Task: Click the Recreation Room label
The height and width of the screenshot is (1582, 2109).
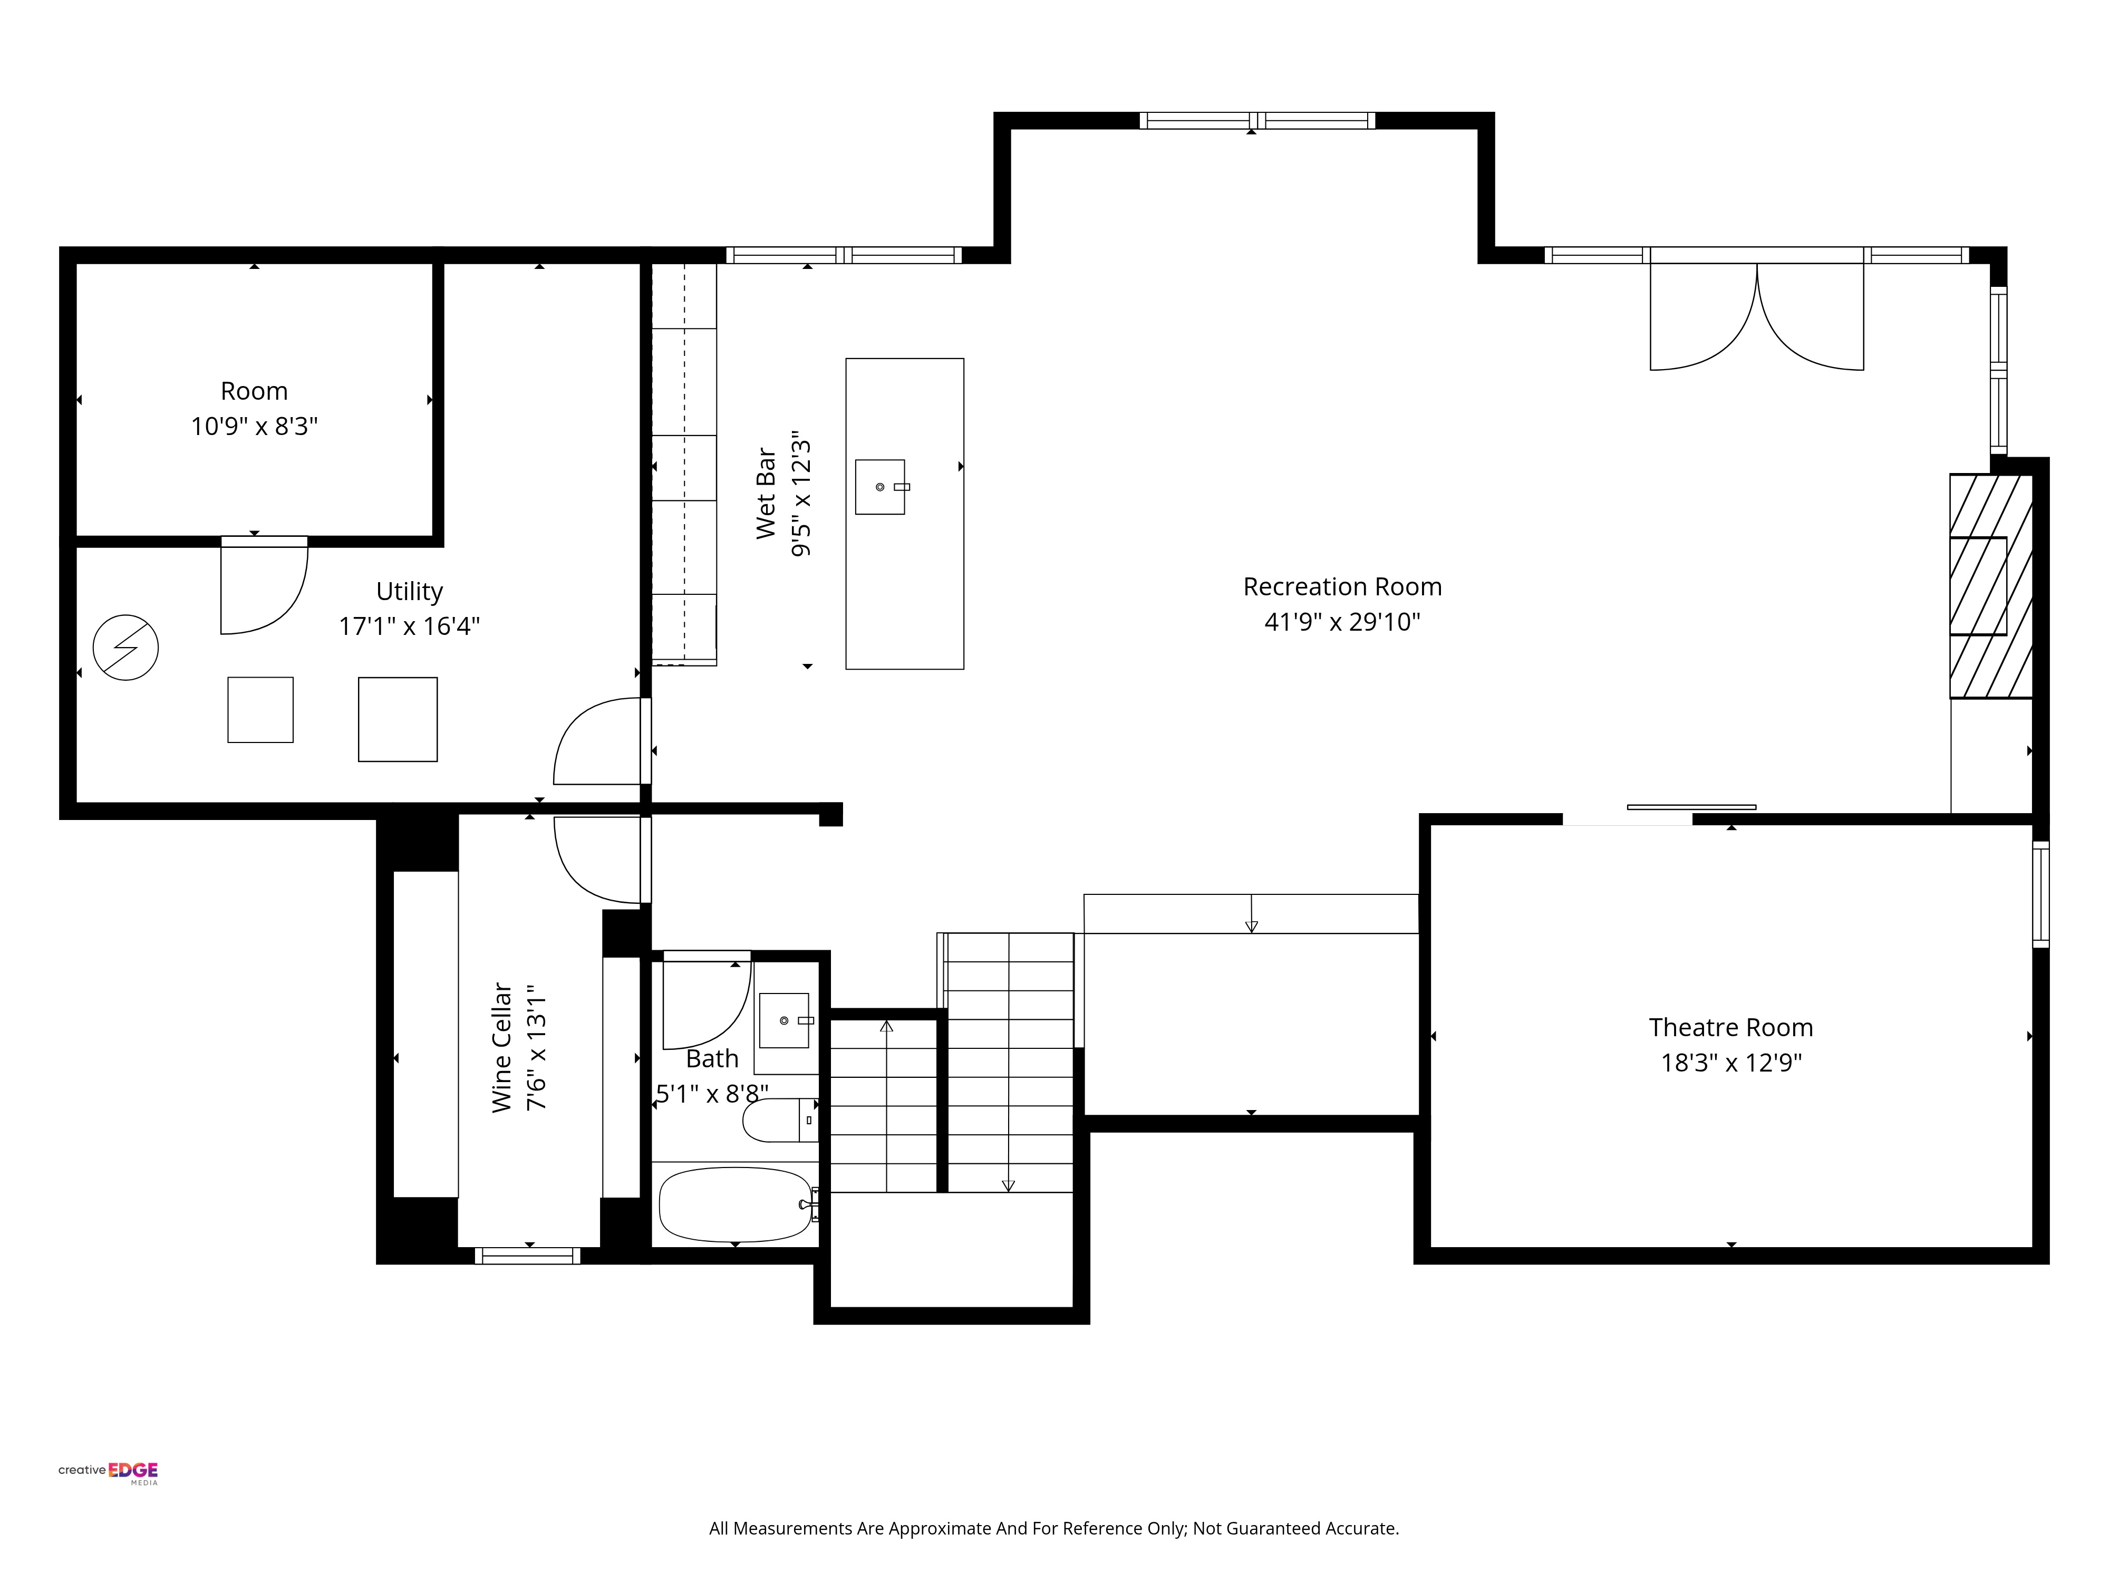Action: click(x=1341, y=586)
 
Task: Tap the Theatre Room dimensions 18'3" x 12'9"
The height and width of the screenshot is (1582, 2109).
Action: click(x=1730, y=1062)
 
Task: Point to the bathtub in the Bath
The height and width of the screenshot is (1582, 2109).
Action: click(x=735, y=1204)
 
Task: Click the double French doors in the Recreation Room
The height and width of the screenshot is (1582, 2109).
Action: click(x=1756, y=317)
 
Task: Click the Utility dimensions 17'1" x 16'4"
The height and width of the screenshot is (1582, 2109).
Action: click(x=409, y=626)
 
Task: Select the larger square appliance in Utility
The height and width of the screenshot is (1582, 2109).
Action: click(x=398, y=719)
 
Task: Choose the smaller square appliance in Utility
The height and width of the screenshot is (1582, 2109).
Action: click(x=260, y=709)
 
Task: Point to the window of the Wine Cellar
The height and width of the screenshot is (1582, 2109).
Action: click(x=527, y=1256)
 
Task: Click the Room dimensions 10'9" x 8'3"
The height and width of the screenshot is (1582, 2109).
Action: click(x=254, y=426)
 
